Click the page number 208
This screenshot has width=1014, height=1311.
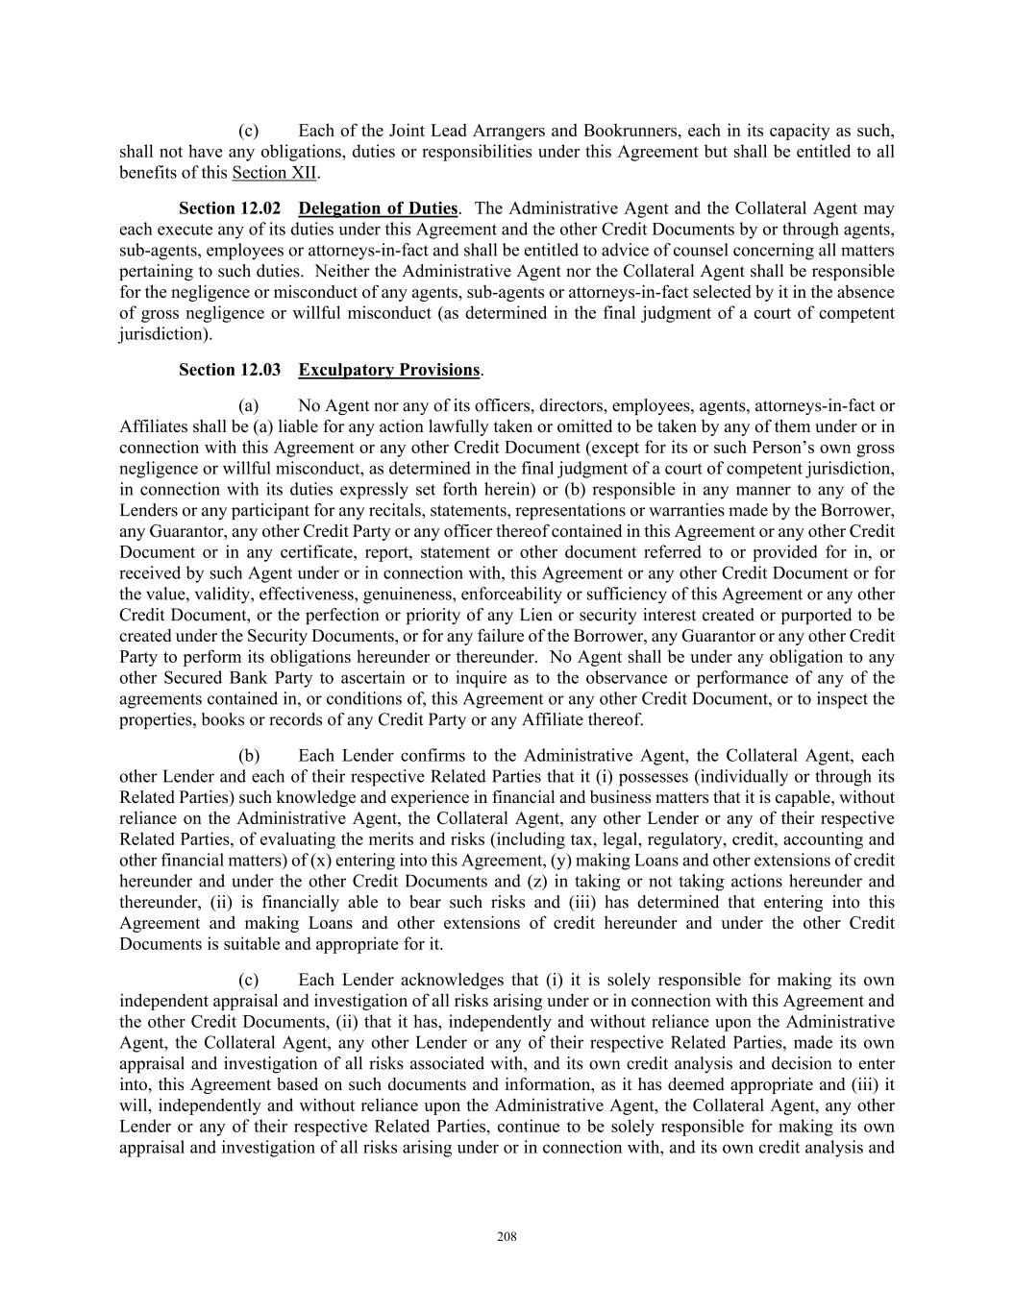pos(507,1237)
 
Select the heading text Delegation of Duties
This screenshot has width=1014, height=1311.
pos(378,208)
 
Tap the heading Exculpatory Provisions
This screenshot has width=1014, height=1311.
pos(388,370)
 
